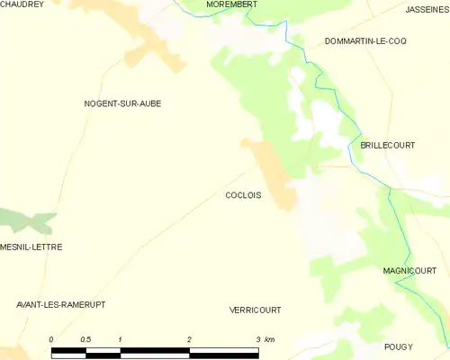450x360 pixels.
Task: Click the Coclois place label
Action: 243,195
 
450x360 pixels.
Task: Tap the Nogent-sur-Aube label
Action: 122,103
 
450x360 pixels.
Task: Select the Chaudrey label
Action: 22,4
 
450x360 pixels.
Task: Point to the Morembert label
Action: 231,4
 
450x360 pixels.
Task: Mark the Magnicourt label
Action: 409,271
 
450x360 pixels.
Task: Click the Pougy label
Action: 398,346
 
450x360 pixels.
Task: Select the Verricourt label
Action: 256,310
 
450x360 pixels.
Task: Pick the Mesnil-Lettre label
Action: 31,247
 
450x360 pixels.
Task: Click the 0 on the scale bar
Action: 51,339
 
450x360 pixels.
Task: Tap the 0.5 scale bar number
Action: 85,339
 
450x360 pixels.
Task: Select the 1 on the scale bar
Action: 120,339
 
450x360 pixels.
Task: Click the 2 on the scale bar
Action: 189,339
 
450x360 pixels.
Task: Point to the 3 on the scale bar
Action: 257,339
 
